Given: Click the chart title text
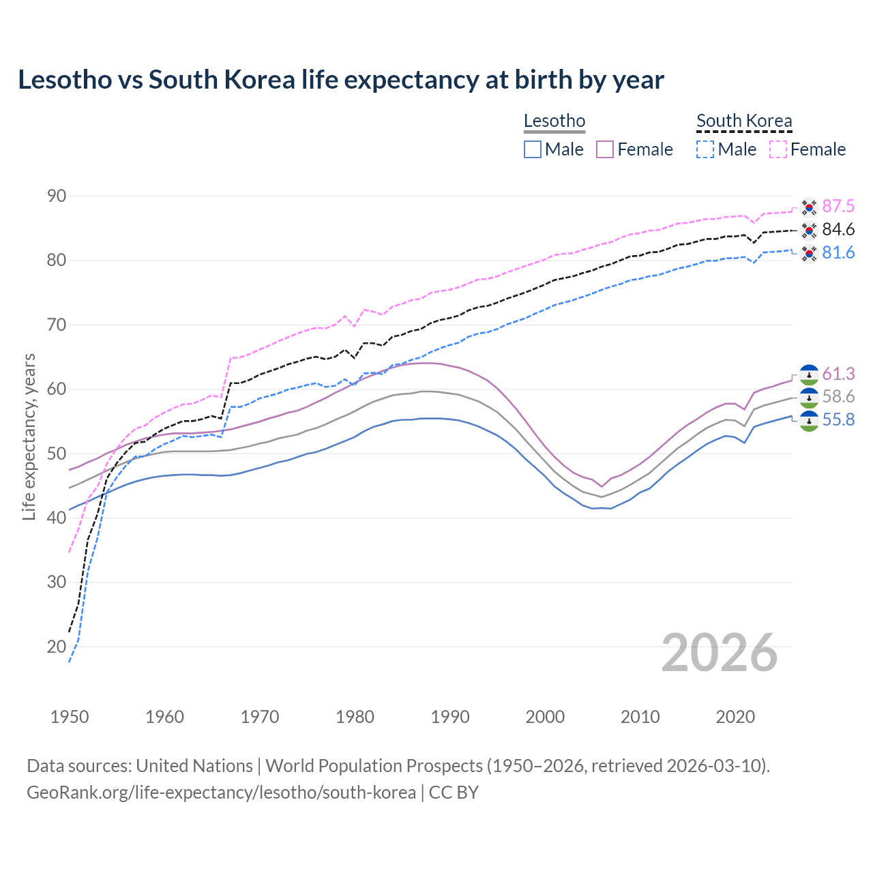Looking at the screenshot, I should click(x=340, y=80).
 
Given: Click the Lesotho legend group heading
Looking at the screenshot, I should click(x=554, y=121).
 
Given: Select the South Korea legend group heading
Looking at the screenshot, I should click(x=743, y=121).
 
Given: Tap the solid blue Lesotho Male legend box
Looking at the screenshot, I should click(x=533, y=149).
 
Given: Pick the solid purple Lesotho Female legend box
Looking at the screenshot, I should click(x=605, y=149).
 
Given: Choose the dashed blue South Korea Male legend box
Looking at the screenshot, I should click(x=705, y=149).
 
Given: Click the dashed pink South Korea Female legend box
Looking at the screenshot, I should click(x=778, y=149).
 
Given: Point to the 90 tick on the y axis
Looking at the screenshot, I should click(x=57, y=196).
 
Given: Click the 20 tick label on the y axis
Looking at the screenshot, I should click(x=57, y=647).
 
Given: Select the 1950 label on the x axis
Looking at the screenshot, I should click(x=70, y=717).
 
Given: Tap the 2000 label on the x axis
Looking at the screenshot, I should click(x=545, y=717).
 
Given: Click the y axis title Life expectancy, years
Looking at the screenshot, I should click(x=29, y=436).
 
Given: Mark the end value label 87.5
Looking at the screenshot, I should click(x=838, y=207).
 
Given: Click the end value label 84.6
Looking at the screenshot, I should click(x=838, y=230).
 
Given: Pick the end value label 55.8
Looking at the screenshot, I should click(x=838, y=420).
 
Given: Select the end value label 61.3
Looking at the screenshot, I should click(x=838, y=374).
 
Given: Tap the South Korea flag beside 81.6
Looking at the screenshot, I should click(x=809, y=254).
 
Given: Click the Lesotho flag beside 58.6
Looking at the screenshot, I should click(x=809, y=398).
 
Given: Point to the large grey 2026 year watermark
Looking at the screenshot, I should click(x=719, y=653).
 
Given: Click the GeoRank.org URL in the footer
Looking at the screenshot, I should click(x=221, y=793).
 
